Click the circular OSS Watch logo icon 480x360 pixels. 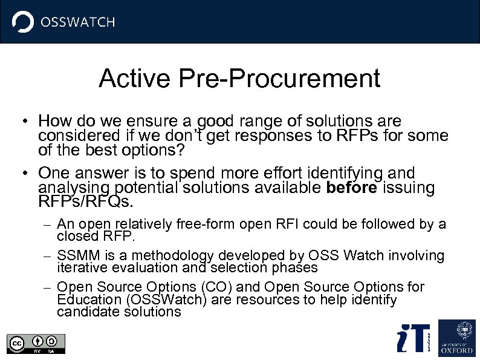point(23,22)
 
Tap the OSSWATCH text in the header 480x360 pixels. point(77,22)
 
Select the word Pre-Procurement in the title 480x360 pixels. point(280,79)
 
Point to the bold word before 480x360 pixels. point(351,188)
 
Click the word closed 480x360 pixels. point(76,236)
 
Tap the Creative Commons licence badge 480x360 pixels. point(36,343)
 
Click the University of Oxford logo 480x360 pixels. point(456,337)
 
